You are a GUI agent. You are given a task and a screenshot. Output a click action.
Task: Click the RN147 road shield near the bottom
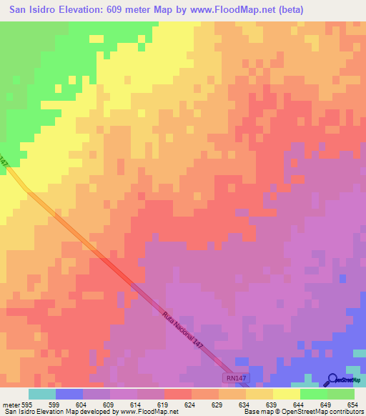235,376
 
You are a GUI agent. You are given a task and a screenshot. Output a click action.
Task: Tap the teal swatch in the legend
42,394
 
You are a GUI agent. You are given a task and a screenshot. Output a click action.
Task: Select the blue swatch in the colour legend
69,394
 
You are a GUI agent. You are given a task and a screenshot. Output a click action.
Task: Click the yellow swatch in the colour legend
287,394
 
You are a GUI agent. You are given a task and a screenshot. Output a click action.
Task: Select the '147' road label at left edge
4,163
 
